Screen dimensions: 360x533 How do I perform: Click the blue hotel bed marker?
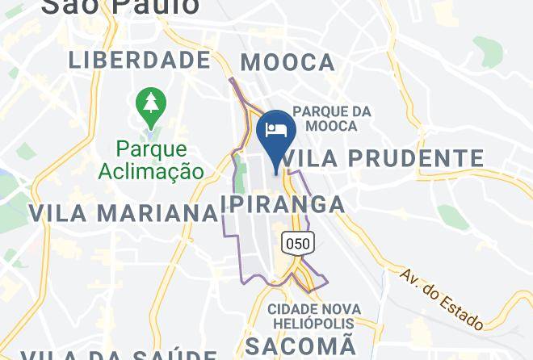coord(276,131)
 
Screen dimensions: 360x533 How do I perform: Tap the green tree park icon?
coord(150,104)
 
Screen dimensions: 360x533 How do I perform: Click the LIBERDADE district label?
coord(140,60)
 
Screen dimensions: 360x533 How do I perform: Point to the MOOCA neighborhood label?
coord(287,62)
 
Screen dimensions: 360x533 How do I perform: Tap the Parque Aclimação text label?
coord(151,160)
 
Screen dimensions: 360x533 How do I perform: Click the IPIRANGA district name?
coord(283,203)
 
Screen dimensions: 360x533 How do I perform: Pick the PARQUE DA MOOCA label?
coord(332,119)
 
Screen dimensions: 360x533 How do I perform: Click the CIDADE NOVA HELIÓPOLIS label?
coord(312,316)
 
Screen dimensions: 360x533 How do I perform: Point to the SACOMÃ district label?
coord(300,346)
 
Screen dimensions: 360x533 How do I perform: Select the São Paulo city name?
coord(120,6)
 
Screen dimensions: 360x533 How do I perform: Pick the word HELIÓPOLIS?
coord(312,324)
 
